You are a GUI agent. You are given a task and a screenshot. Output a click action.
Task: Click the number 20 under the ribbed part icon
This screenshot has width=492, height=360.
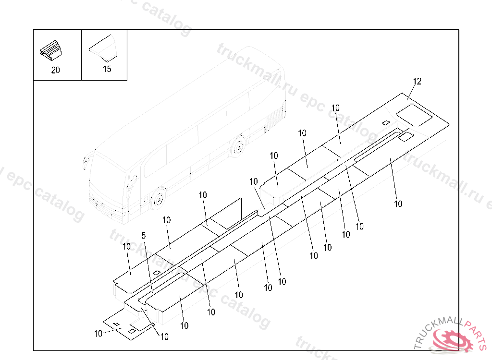[56, 70]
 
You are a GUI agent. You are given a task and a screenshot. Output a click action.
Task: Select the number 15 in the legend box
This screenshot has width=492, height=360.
[107, 69]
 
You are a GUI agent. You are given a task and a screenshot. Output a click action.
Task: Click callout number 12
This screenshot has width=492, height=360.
[417, 82]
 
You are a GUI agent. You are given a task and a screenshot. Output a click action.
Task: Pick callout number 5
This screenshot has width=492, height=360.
[143, 236]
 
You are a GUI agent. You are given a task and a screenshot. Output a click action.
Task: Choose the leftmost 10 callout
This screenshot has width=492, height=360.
[98, 334]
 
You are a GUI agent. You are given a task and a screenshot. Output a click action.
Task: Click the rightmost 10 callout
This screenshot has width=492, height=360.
[398, 204]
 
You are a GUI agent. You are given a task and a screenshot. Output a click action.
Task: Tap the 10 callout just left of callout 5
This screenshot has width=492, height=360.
[126, 246]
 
